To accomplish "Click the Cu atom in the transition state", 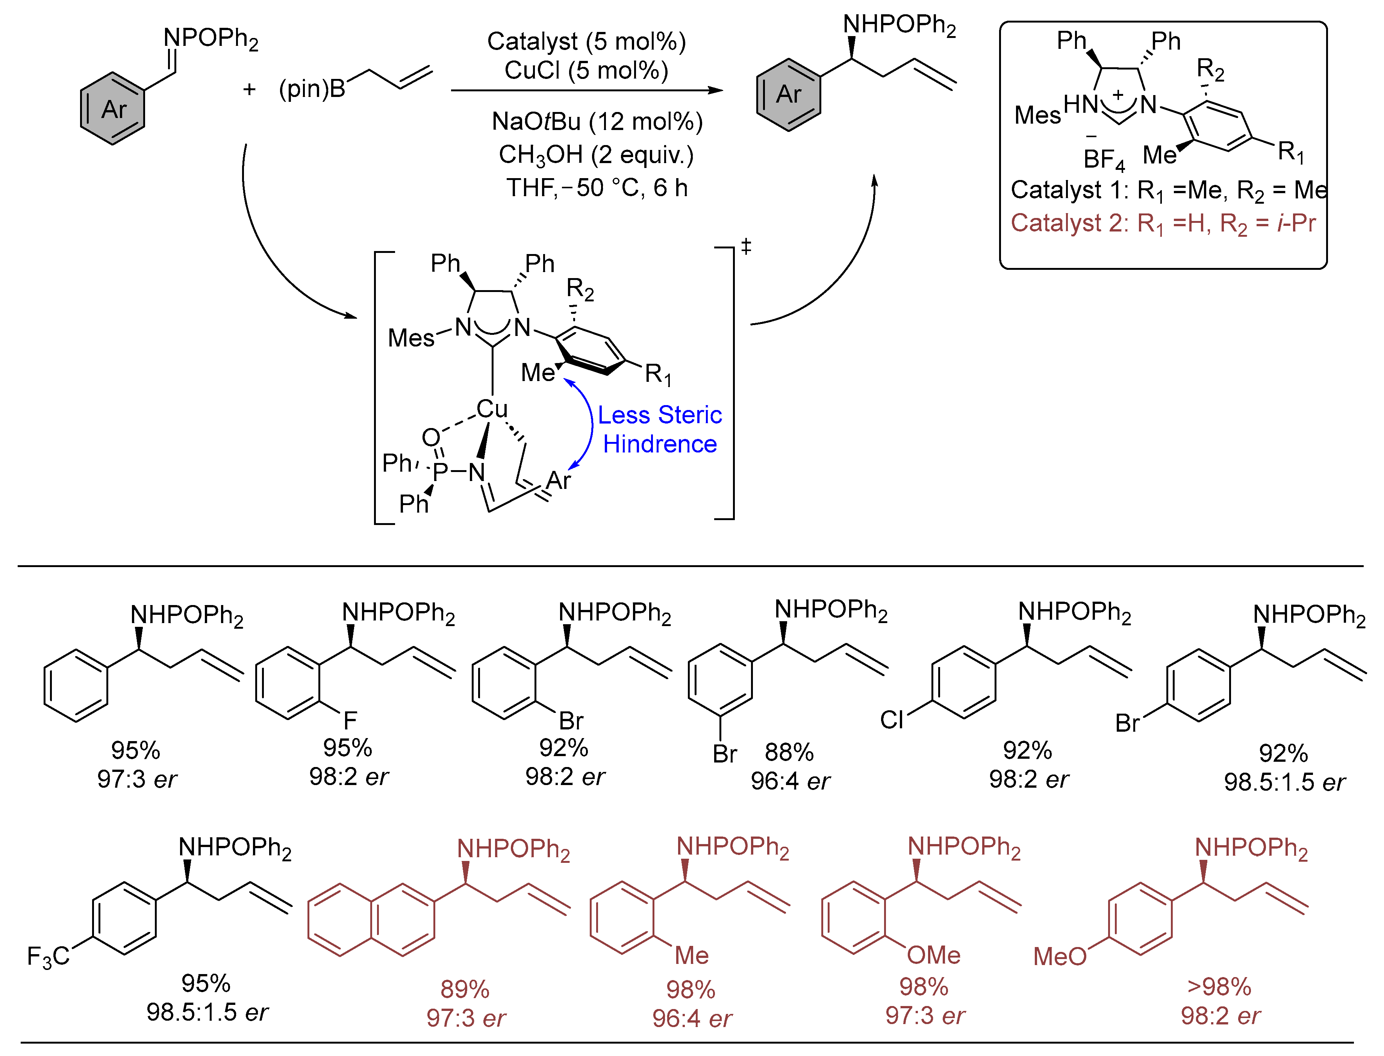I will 491,409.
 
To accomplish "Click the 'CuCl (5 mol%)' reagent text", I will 586,70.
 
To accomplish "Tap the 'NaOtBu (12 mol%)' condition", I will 597,121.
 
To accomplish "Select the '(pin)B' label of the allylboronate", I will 312,89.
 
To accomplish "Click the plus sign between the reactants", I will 249,89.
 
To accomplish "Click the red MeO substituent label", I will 1060,957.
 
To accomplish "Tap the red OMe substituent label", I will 933,955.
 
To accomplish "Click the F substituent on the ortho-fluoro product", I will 350,720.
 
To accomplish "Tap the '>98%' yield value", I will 1219,987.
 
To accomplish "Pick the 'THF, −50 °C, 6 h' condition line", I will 597,188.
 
